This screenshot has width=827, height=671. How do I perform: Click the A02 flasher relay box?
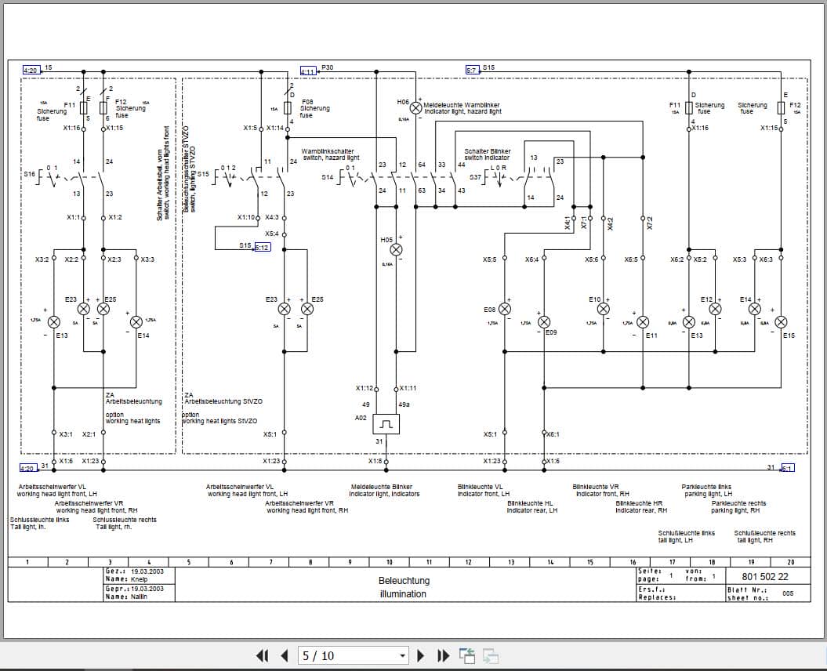(x=386, y=424)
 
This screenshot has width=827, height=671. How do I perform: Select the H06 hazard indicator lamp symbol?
(x=416, y=108)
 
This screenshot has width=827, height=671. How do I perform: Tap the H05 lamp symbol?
(x=396, y=249)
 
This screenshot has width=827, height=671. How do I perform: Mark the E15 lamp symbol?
(x=781, y=322)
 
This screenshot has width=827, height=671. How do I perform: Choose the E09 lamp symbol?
(x=543, y=321)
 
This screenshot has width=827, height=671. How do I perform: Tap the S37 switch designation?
(x=475, y=177)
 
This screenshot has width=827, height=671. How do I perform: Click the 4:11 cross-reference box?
(x=307, y=71)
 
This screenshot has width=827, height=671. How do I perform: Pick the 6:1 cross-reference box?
(x=787, y=468)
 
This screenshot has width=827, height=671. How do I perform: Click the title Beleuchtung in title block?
(x=404, y=581)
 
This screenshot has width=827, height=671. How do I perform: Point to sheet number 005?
(x=788, y=593)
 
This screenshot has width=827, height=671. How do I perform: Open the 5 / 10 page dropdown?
(x=403, y=655)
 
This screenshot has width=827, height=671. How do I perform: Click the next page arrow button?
(x=421, y=655)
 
